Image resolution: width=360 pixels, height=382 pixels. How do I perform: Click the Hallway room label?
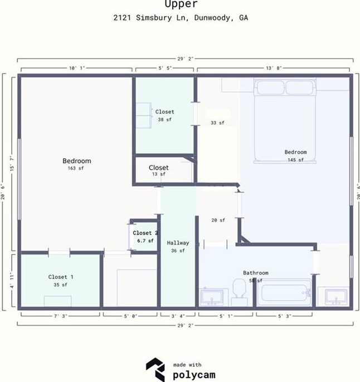pyautogui.click(x=178, y=243)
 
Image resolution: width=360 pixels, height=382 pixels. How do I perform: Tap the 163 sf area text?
pyautogui.click(x=76, y=168)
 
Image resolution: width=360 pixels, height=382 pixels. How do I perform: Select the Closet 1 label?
pyautogui.click(x=61, y=277)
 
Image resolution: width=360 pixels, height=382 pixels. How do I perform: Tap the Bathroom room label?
pyautogui.click(x=255, y=273)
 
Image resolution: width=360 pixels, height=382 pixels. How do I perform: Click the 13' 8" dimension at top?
pyautogui.click(x=273, y=68)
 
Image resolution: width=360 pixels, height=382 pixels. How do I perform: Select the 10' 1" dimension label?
pyautogui.click(x=77, y=68)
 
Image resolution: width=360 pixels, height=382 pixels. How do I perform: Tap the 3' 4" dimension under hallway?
pyautogui.click(x=177, y=316)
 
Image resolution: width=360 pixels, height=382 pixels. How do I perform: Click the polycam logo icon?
pyautogui.click(x=155, y=369)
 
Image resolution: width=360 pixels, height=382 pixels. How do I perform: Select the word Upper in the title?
pyautogui.click(x=181, y=4)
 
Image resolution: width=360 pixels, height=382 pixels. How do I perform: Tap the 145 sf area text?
pyautogui.click(x=295, y=160)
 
